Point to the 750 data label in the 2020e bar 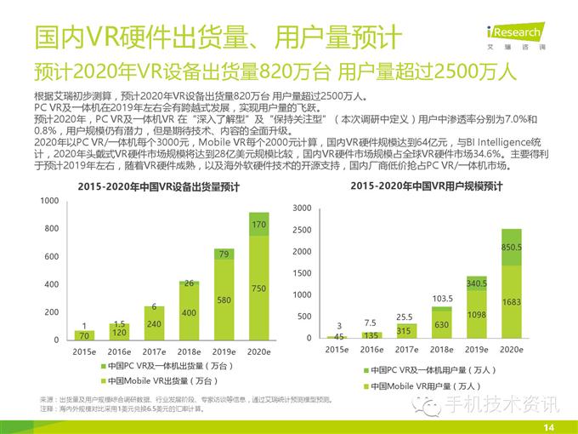pos(258,288)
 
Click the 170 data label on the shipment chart pos(258,225)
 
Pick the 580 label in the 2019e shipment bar pos(224,300)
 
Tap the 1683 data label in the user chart pos(512,301)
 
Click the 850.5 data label pos(512,247)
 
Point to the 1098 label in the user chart pos(476,315)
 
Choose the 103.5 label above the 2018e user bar pos(441,300)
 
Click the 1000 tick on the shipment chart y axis pos(50,201)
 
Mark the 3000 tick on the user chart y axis pos(303,208)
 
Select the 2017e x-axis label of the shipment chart pos(152,351)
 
